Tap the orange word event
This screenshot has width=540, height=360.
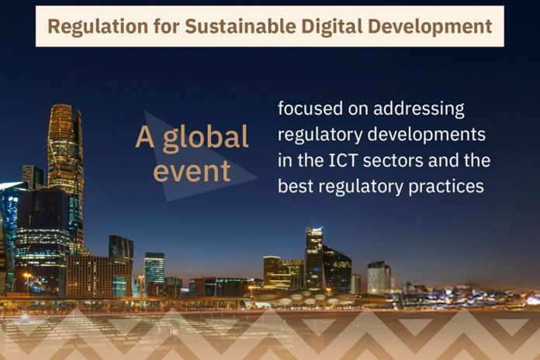point(192,171)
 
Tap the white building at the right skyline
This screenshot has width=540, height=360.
point(379,278)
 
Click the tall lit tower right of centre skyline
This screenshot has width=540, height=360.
point(313,256)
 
